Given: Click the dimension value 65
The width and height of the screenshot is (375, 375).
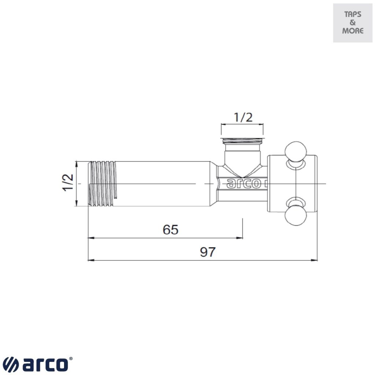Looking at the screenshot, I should click(170, 230).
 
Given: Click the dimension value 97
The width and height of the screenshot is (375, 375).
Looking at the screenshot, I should click(208, 252).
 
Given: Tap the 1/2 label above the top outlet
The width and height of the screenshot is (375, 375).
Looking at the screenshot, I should click(243, 117).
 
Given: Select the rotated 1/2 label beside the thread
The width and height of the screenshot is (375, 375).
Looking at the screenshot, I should click(68, 182).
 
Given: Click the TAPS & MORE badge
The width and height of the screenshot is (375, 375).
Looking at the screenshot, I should click(353, 23).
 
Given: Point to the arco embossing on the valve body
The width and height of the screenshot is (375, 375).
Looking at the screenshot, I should click(244, 183).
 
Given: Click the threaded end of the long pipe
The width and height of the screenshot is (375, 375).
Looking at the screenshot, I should click(103, 183).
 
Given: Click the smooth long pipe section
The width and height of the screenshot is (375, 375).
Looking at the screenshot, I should click(161, 183).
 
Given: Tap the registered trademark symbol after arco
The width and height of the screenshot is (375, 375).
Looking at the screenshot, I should click(71, 359).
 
